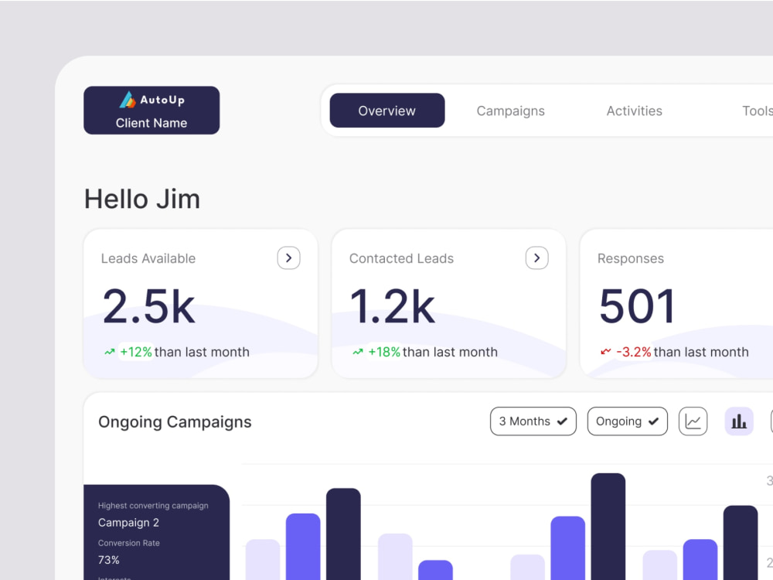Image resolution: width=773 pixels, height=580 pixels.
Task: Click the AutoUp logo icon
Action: pyautogui.click(x=128, y=100)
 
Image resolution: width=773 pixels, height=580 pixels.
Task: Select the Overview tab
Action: pyautogui.click(x=387, y=111)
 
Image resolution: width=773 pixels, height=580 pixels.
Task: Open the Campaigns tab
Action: pyautogui.click(x=510, y=111)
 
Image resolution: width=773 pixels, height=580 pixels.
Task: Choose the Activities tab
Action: pyautogui.click(x=634, y=111)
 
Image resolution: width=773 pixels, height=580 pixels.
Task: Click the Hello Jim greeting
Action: pyautogui.click(x=142, y=200)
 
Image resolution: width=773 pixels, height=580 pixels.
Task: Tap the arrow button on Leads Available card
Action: pyautogui.click(x=288, y=258)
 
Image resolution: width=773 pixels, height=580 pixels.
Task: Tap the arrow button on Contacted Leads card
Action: pyautogui.click(x=537, y=258)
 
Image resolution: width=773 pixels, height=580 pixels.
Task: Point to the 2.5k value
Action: pyautogui.click(x=149, y=307)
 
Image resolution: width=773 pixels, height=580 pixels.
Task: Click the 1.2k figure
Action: pyautogui.click(x=393, y=307)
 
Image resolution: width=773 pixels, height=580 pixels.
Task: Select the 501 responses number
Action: pyautogui.click(x=637, y=307)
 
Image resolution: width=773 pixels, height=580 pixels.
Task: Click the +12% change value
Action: pyautogui.click(x=136, y=352)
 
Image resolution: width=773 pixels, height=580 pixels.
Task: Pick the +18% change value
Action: pyautogui.click(x=384, y=352)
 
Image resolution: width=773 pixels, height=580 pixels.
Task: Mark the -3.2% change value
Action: pyautogui.click(x=634, y=352)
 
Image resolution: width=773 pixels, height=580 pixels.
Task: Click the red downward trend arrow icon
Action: pyautogui.click(x=606, y=352)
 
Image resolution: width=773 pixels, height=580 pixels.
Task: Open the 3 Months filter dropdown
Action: pyautogui.click(x=533, y=421)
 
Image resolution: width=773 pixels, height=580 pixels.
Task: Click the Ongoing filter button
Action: pyautogui.click(x=627, y=421)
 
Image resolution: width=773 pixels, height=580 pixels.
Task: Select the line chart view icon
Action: pyautogui.click(x=693, y=421)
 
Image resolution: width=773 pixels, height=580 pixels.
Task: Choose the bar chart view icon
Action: pyautogui.click(x=738, y=421)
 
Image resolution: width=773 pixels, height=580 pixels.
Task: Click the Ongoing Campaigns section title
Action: pyautogui.click(x=175, y=422)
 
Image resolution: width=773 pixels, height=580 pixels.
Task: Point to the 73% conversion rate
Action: pyautogui.click(x=108, y=560)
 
